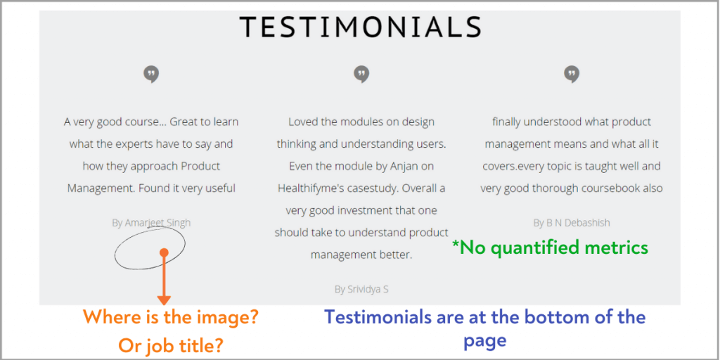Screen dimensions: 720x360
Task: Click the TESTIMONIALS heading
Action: point(361,27)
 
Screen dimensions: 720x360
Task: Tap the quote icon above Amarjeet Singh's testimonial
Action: point(151,75)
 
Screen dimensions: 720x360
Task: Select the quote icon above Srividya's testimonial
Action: point(361,75)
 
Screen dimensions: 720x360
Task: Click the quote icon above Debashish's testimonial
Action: point(572,75)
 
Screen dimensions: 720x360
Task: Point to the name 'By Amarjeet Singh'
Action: point(151,223)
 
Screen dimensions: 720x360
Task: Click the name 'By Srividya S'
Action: point(362,289)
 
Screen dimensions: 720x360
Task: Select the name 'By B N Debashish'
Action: point(572,223)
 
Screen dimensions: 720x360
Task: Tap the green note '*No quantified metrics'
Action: point(550,248)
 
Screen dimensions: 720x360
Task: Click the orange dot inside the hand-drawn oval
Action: point(164,252)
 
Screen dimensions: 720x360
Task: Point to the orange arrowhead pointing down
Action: point(164,300)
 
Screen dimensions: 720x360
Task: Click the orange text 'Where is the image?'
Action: point(171,317)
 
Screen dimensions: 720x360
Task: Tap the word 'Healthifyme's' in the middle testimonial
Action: point(309,188)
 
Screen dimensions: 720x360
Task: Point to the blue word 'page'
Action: point(485,340)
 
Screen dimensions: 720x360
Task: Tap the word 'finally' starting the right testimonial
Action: point(506,122)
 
